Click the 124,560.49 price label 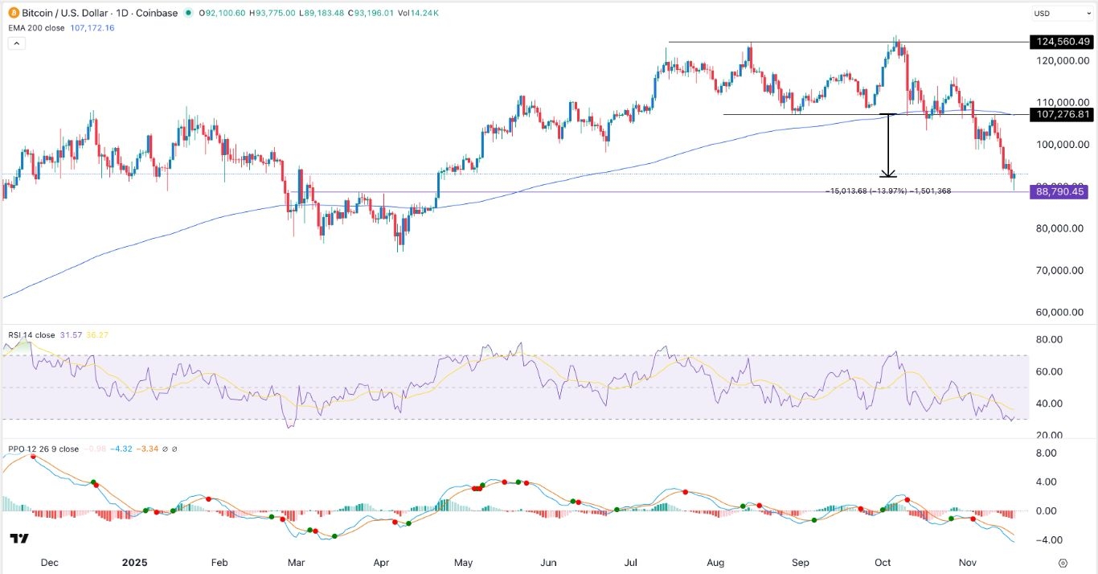click(1060, 42)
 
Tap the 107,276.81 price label click(1060, 115)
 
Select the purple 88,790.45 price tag click(1060, 192)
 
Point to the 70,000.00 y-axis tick click(1061, 271)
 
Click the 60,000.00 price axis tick click(1061, 313)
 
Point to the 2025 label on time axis click(134, 563)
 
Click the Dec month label click(50, 563)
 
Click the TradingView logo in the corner click(19, 539)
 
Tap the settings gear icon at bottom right click(1063, 563)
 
